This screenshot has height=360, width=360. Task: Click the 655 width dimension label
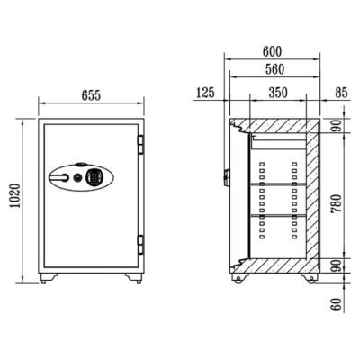pos(91,95)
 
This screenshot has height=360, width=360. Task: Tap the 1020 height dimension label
pos(15,195)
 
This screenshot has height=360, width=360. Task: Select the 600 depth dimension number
pos(272,51)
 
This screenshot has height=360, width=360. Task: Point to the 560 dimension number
pos(274,69)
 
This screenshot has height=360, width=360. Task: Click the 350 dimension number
pos(278,93)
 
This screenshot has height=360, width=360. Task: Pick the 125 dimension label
pos(205,93)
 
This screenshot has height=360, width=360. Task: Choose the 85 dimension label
pos(341,93)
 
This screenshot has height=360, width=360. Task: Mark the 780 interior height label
pos(337,203)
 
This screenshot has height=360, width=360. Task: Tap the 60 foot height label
pos(337,304)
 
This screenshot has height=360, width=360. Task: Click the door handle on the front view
pos(58,177)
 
